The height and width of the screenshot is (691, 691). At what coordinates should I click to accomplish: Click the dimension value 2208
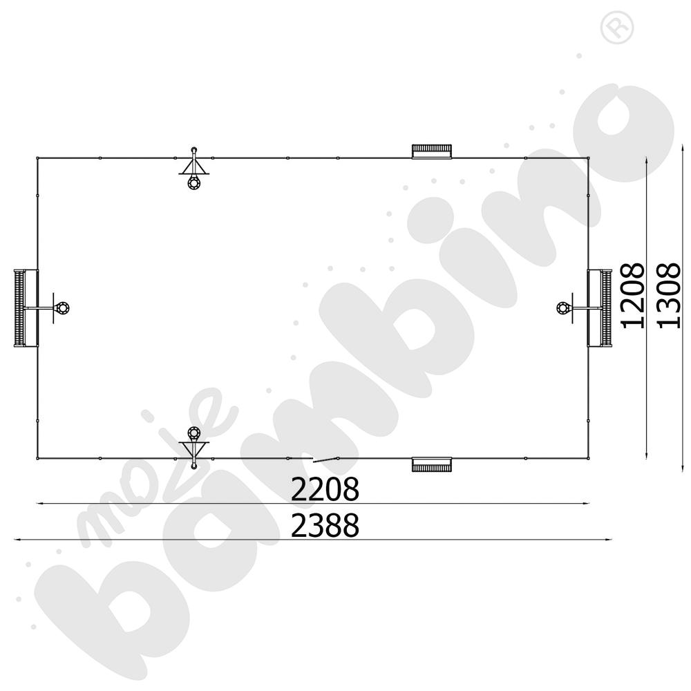(325, 489)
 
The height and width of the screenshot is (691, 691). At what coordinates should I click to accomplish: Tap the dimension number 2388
(325, 525)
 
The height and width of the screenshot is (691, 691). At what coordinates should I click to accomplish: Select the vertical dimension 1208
(632, 296)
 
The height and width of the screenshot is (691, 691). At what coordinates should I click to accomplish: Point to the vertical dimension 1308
(668, 296)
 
